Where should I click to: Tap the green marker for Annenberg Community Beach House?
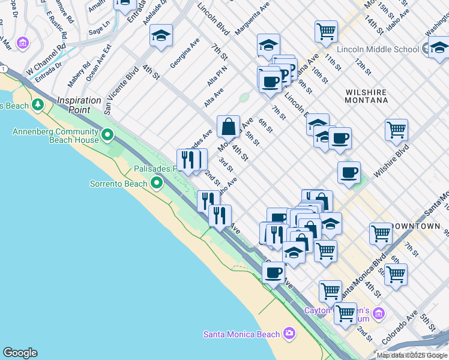pyautogui.click(x=108, y=135)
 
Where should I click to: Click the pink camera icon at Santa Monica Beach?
pyautogui.click(x=289, y=334)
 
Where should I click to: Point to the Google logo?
pyautogui.click(x=20, y=353)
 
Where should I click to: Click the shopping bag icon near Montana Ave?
pyautogui.click(x=228, y=127)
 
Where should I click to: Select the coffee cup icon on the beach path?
pyautogui.click(x=274, y=272)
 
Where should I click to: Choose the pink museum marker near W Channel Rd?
pyautogui.click(x=23, y=43)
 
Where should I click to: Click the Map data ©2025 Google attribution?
pyautogui.click(x=411, y=355)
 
